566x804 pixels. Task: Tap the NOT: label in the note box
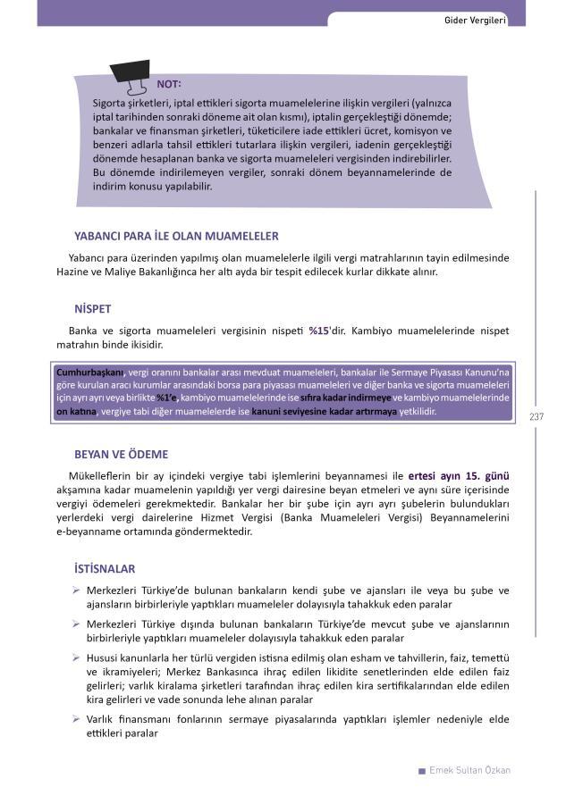(x=169, y=84)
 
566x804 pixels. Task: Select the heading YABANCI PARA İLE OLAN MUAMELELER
(x=176, y=237)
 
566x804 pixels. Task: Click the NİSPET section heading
(x=93, y=309)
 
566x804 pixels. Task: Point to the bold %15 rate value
(x=319, y=331)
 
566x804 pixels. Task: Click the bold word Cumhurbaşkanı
(x=89, y=372)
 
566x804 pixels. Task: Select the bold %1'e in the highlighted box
(x=167, y=398)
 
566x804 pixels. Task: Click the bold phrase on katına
(x=75, y=412)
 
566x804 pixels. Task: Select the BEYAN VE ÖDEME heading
(x=122, y=454)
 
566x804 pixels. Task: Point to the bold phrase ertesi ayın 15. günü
(x=459, y=475)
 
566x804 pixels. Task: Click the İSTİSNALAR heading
(x=105, y=568)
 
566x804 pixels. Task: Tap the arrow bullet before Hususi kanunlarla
(x=77, y=657)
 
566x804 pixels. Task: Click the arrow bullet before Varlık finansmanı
(x=77, y=719)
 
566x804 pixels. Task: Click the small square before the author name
(x=422, y=771)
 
